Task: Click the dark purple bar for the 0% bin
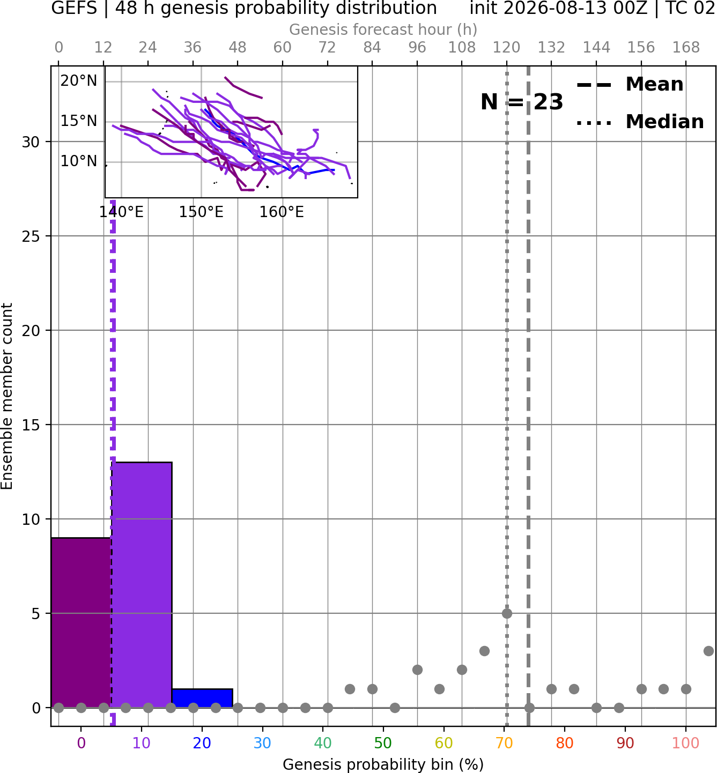(x=81, y=622)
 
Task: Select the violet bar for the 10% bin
(x=142, y=585)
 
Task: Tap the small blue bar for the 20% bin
(x=202, y=698)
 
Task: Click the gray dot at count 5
(x=507, y=613)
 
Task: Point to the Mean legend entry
(x=630, y=85)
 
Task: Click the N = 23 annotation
(x=522, y=102)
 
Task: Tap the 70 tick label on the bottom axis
(x=504, y=743)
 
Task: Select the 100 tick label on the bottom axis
(x=686, y=743)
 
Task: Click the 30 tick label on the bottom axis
(x=262, y=743)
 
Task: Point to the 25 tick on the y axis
(x=31, y=236)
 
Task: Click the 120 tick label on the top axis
(x=506, y=48)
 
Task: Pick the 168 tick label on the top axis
(x=686, y=48)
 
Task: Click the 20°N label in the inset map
(x=79, y=81)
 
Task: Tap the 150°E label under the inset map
(x=201, y=212)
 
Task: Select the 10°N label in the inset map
(x=79, y=161)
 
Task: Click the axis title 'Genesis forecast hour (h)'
(x=383, y=29)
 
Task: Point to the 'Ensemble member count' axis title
(x=6, y=397)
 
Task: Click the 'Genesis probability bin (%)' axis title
(x=383, y=764)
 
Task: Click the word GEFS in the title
(x=74, y=8)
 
